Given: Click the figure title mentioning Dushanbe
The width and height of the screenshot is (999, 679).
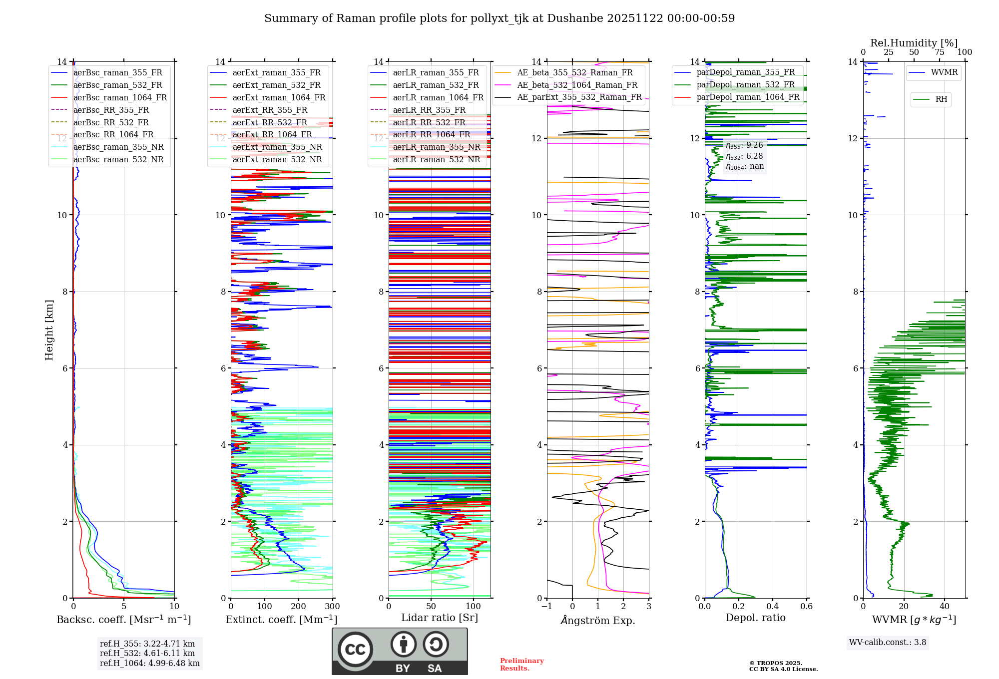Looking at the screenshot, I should click(x=499, y=18).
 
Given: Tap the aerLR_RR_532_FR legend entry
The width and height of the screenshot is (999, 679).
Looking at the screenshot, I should click(x=429, y=122).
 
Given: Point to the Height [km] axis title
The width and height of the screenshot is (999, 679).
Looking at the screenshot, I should click(x=49, y=330).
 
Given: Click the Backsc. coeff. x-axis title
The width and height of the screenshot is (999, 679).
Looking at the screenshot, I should click(x=123, y=620).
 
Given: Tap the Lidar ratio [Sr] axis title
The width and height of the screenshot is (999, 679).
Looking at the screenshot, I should click(x=440, y=618).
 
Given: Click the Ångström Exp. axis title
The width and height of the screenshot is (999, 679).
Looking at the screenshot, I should click(x=598, y=620).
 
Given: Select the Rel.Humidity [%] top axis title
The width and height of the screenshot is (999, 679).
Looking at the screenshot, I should click(x=914, y=43).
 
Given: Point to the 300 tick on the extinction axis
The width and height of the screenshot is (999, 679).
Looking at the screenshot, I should click(x=332, y=607).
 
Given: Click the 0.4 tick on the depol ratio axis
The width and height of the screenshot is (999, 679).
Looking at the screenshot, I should click(x=772, y=607).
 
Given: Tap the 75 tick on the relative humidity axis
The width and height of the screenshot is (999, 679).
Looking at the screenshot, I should click(x=940, y=52).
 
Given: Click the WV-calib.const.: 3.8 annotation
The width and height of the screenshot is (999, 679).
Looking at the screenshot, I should click(x=888, y=643).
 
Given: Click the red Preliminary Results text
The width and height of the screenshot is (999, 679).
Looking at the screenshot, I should click(x=521, y=665).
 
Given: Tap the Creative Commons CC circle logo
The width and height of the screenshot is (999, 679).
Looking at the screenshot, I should click(x=355, y=650).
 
